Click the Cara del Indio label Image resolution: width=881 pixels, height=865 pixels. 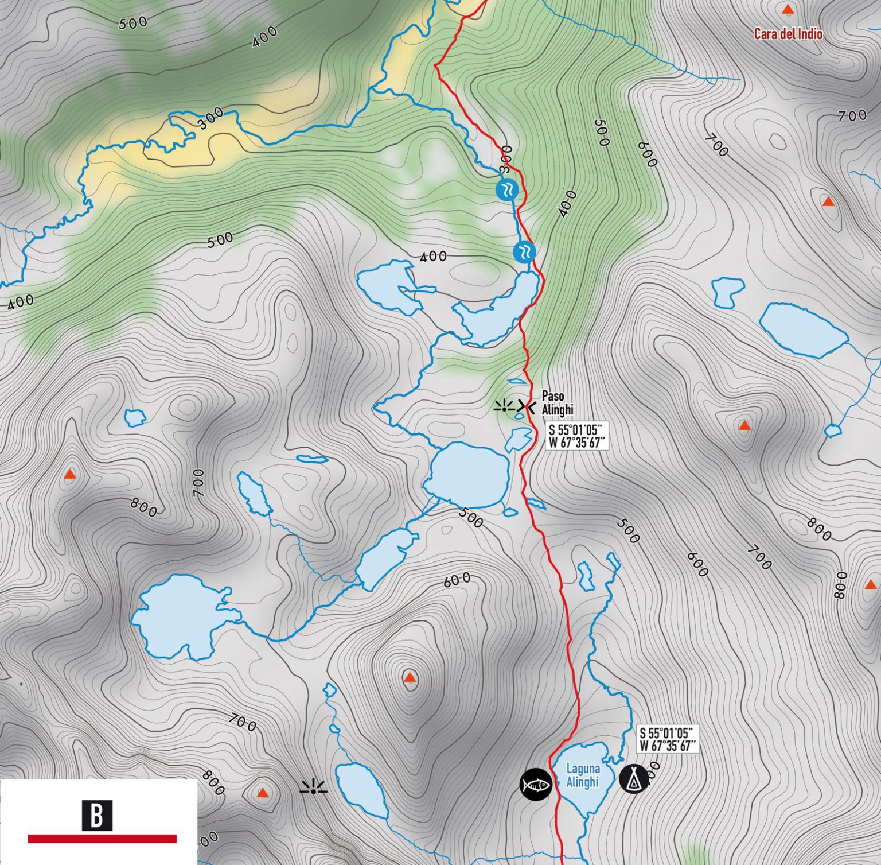[x=788, y=34]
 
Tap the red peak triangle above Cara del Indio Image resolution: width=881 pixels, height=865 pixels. [x=788, y=10]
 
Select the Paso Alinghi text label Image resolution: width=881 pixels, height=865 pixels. [x=557, y=403]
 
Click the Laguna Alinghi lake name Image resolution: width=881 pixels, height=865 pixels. [x=582, y=775]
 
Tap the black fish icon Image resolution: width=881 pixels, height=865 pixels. [x=536, y=784]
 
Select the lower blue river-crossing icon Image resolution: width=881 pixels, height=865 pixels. [x=524, y=251]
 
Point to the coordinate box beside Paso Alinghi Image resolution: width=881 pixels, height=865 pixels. [x=576, y=436]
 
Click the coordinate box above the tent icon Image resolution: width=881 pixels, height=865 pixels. [x=668, y=739]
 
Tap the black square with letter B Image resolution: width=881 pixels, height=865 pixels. [x=97, y=815]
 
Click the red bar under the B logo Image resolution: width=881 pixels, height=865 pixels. [x=102, y=839]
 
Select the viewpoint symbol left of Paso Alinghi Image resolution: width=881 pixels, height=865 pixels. [x=504, y=407]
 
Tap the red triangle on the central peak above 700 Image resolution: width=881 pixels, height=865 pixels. [x=409, y=678]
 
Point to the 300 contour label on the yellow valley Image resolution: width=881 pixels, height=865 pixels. [x=211, y=118]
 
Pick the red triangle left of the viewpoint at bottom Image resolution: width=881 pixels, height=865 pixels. [x=262, y=793]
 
